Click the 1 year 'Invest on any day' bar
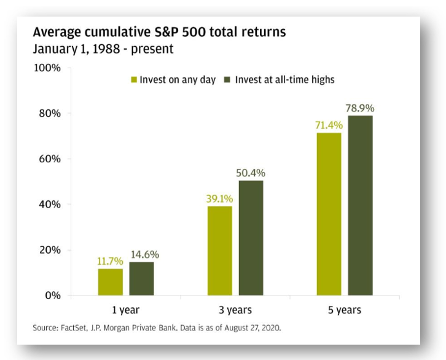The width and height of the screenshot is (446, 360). pyautogui.click(x=111, y=282)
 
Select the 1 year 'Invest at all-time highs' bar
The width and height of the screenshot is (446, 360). pyautogui.click(x=141, y=278)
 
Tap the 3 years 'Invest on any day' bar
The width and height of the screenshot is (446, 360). pyautogui.click(x=220, y=251)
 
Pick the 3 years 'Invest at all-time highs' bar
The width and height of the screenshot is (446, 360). pyautogui.click(x=251, y=238)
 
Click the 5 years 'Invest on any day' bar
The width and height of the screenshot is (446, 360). pyautogui.click(x=329, y=214)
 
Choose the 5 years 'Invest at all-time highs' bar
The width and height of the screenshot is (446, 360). pyautogui.click(x=360, y=205)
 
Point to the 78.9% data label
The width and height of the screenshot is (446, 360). pyautogui.click(x=360, y=109)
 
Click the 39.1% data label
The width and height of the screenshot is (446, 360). pyautogui.click(x=220, y=199)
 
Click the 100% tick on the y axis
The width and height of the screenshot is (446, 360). pyautogui.click(x=47, y=68)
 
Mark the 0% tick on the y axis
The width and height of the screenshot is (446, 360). pyautogui.click(x=52, y=295)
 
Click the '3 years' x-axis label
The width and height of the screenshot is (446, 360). pyautogui.click(x=235, y=310)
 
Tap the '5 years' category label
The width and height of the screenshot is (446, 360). pyautogui.click(x=345, y=310)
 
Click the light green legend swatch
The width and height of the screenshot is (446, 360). pyautogui.click(x=133, y=80)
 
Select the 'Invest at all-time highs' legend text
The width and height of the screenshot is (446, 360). pyautogui.click(x=284, y=80)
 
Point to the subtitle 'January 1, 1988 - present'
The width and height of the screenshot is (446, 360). pyautogui.click(x=103, y=49)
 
